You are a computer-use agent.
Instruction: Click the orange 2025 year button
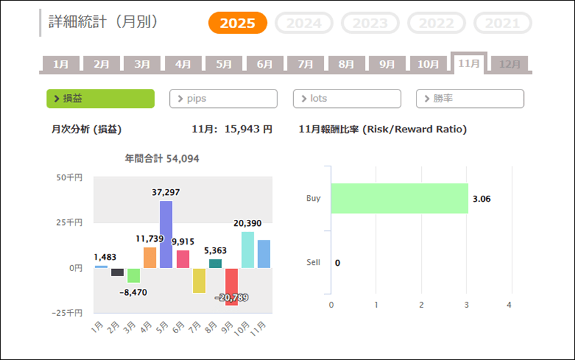tap(238, 24)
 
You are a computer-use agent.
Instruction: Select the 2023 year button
tap(371, 24)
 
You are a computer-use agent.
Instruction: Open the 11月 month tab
tap(469, 64)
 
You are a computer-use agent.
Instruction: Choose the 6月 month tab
tap(264, 65)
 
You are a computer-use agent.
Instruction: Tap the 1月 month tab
tap(61, 65)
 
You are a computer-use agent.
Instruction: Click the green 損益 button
tap(100, 98)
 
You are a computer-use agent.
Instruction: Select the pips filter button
tap(223, 98)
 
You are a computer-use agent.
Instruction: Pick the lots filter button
tap(347, 98)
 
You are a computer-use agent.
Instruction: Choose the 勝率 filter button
tap(470, 98)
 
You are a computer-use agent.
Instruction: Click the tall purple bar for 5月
tap(166, 234)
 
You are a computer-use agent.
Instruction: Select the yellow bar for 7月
tap(199, 280)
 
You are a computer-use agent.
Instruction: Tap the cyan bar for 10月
tap(248, 249)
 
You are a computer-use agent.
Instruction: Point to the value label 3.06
tap(482, 199)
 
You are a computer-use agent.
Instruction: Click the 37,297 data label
tap(166, 193)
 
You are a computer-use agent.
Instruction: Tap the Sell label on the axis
tap(313, 263)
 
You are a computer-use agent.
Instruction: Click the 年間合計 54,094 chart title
tap(162, 159)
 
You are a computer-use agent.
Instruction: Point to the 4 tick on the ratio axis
tap(509, 305)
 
